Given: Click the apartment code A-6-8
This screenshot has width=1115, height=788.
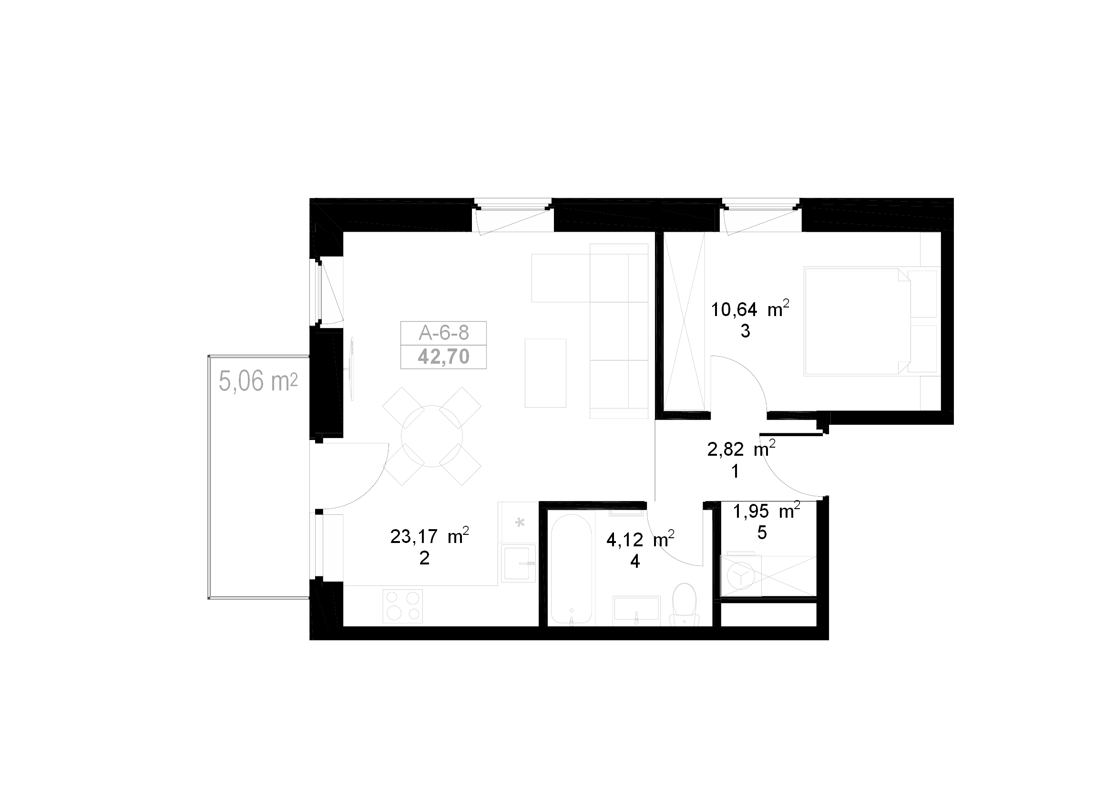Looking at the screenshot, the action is (x=443, y=333).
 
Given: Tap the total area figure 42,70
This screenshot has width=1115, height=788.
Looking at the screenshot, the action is (x=443, y=357).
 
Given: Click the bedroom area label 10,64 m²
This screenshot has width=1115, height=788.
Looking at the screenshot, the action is (x=750, y=308).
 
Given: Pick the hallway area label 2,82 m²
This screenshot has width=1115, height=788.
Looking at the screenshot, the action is (x=741, y=449).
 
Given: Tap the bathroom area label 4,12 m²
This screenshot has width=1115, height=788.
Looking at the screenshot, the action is (x=640, y=539).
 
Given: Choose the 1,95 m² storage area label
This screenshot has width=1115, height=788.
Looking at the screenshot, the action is (x=767, y=511).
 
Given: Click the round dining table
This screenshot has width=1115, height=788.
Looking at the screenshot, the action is (x=432, y=436).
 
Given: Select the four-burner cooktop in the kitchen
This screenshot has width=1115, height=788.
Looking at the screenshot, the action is (x=403, y=605).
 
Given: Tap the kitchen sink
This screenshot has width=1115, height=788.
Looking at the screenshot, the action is (x=519, y=563).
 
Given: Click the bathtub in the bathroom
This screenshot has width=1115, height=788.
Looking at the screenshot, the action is (x=571, y=570).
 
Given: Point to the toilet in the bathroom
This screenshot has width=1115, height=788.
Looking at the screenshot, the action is (x=684, y=605).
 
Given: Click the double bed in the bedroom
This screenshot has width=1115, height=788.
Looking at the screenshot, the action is (x=871, y=321).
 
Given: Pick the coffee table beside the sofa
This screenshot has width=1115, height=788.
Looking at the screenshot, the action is (x=545, y=373).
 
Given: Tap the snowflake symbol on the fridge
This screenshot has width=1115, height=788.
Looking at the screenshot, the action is (x=520, y=523).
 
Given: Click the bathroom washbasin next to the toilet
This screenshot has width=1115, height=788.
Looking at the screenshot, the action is (x=636, y=608).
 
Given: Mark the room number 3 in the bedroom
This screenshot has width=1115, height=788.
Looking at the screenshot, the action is (x=745, y=332).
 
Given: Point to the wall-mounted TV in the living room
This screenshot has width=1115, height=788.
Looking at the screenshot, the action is (x=351, y=369).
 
